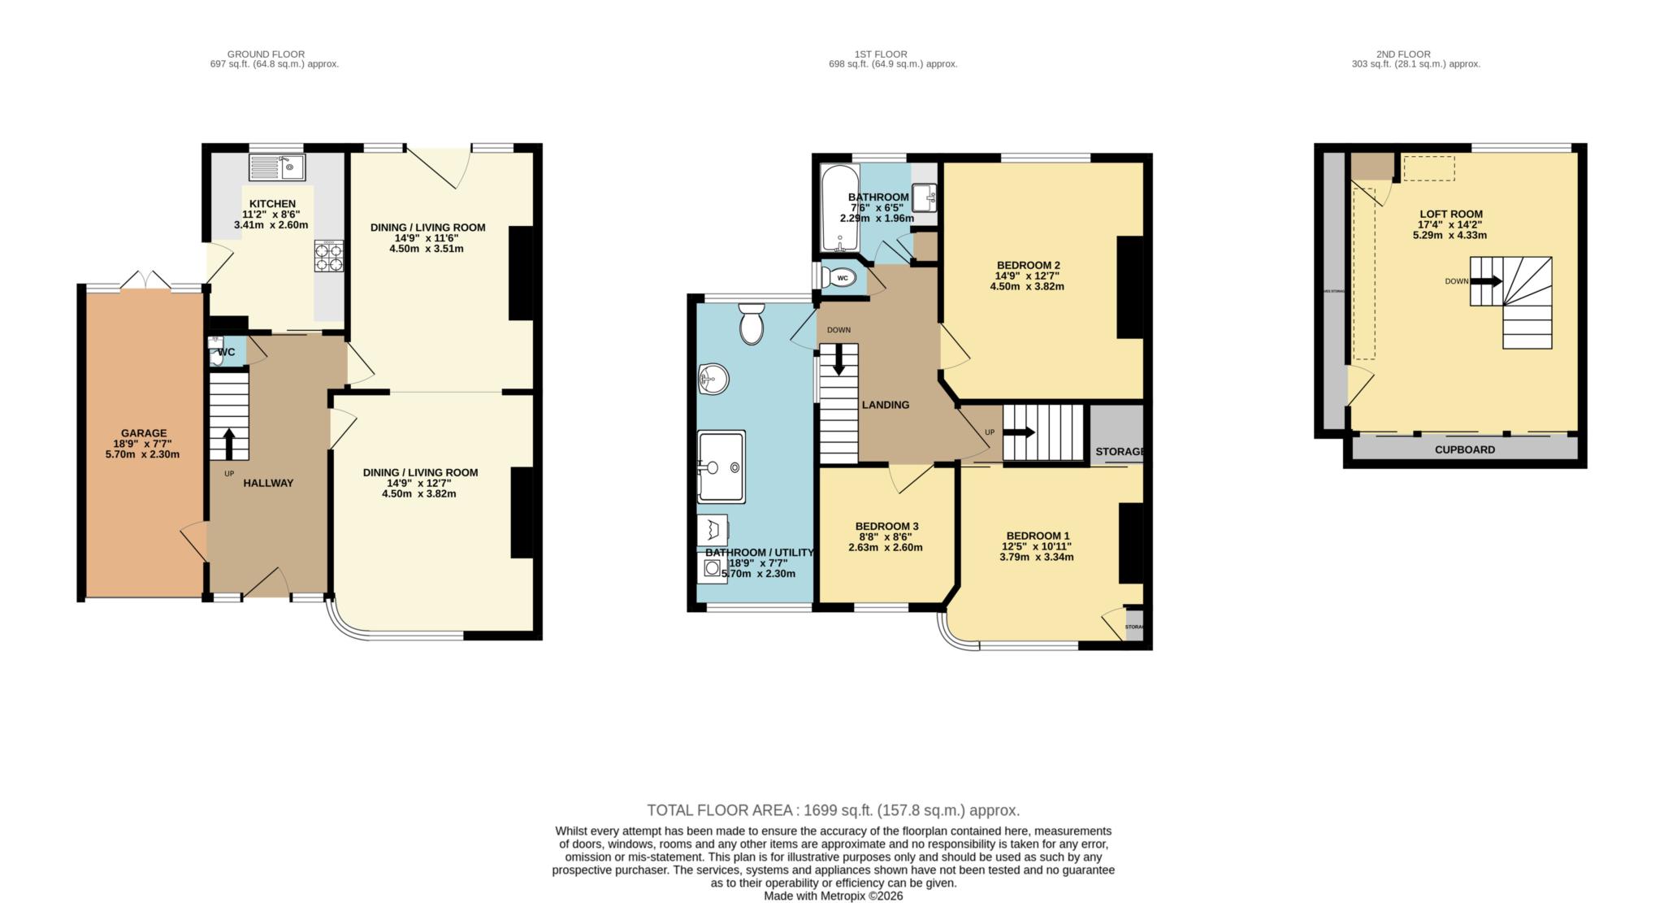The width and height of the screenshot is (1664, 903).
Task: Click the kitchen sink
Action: (x=276, y=168)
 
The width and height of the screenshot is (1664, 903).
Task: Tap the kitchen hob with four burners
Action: (x=329, y=256)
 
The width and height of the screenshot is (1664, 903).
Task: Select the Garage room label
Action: (x=144, y=433)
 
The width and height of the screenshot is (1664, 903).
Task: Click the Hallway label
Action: (x=268, y=483)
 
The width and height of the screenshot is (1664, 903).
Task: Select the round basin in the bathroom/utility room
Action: (x=713, y=379)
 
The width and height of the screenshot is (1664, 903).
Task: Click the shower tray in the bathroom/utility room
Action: (x=721, y=467)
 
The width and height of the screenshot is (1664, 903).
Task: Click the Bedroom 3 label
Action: (x=886, y=526)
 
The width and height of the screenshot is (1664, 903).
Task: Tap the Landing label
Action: (x=885, y=405)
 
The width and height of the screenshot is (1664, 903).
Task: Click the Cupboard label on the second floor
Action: (x=1464, y=449)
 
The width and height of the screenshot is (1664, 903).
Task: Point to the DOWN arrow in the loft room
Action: (x=1486, y=281)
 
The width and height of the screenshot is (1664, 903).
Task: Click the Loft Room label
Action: (x=1450, y=215)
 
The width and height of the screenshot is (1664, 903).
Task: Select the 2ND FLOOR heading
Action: (x=1415, y=54)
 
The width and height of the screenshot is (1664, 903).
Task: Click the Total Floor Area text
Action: (x=833, y=810)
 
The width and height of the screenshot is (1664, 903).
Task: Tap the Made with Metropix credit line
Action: (x=833, y=896)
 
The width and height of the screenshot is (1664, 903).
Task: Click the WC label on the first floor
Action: (x=843, y=278)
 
